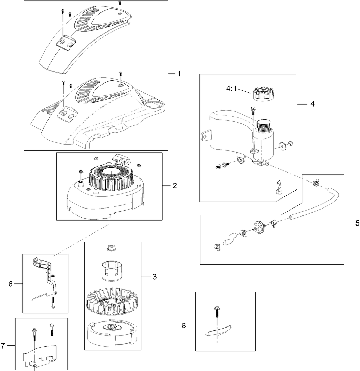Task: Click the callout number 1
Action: coord(179,73)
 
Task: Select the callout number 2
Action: coord(175,186)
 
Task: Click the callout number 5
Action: coord(357,223)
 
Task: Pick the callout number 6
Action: coord(11,284)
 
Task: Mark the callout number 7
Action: coord(3,346)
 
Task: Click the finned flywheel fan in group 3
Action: coord(112,301)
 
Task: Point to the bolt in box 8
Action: coord(217,311)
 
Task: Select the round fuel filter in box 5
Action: coord(257,228)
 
